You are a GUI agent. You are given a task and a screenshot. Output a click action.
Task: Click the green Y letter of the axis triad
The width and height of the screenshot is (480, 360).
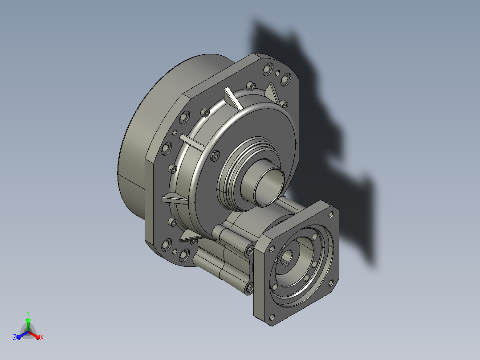point(28,314)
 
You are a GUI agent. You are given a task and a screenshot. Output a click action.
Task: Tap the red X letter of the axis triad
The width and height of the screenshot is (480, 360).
point(42,337)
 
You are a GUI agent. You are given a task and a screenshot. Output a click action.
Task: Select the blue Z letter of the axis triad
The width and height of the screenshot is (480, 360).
point(15,337)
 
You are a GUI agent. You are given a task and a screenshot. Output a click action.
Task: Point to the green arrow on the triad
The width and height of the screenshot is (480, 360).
point(28,324)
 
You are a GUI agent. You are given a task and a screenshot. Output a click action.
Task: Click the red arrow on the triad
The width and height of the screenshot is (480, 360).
point(34,335)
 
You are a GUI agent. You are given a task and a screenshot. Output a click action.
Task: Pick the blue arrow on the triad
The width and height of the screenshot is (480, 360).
point(22,335)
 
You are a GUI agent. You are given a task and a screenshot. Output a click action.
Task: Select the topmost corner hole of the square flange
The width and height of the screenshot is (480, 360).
point(331,215)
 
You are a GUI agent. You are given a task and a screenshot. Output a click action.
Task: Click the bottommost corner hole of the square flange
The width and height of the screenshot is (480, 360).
point(272,317)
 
